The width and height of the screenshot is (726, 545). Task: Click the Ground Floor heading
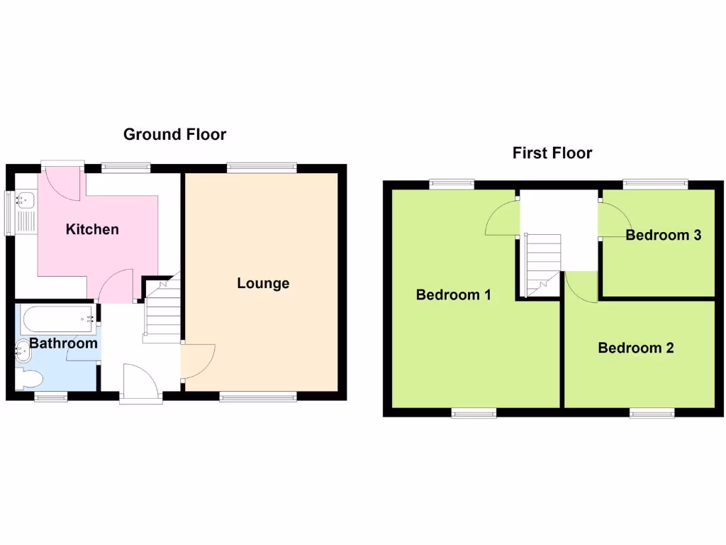pos(174,134)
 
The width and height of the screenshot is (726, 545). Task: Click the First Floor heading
pos(552,153)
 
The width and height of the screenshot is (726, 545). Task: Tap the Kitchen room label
pos(92,229)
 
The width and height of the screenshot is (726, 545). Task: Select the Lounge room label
pos(263,283)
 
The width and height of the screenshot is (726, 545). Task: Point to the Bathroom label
pos(63,343)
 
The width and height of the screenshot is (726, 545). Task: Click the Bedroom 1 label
pos(453,294)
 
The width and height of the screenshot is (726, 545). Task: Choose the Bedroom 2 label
pos(635,348)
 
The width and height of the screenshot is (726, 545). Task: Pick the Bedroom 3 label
pos(663,235)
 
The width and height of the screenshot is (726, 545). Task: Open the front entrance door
pos(140,383)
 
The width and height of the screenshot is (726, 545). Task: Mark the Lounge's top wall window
pos(262,167)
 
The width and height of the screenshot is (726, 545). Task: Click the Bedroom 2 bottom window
pos(651,412)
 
